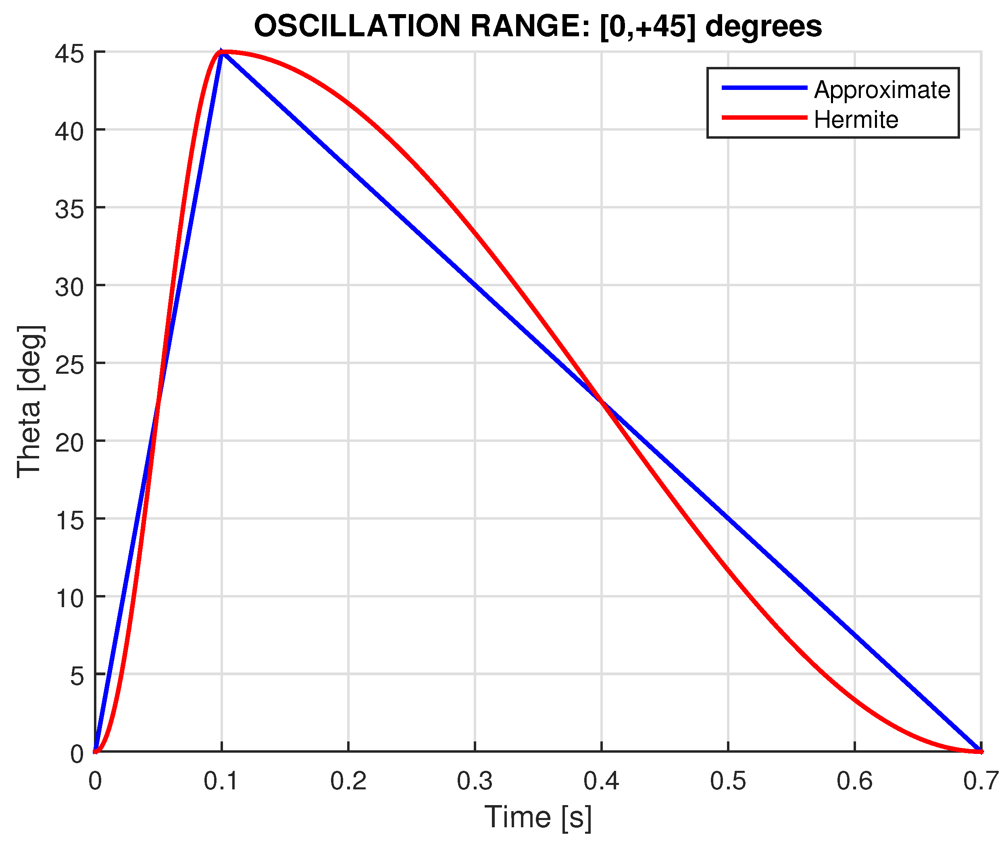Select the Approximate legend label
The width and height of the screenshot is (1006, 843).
pos(882,90)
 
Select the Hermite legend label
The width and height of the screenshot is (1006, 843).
pos(856,119)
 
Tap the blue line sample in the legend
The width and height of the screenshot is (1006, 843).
pos(764,87)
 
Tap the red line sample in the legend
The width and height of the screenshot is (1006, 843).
pos(764,117)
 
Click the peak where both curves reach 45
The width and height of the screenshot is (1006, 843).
pos(222,52)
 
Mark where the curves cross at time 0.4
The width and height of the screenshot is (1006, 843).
pos(602,402)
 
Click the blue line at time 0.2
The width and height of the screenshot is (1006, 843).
pos(348,169)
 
